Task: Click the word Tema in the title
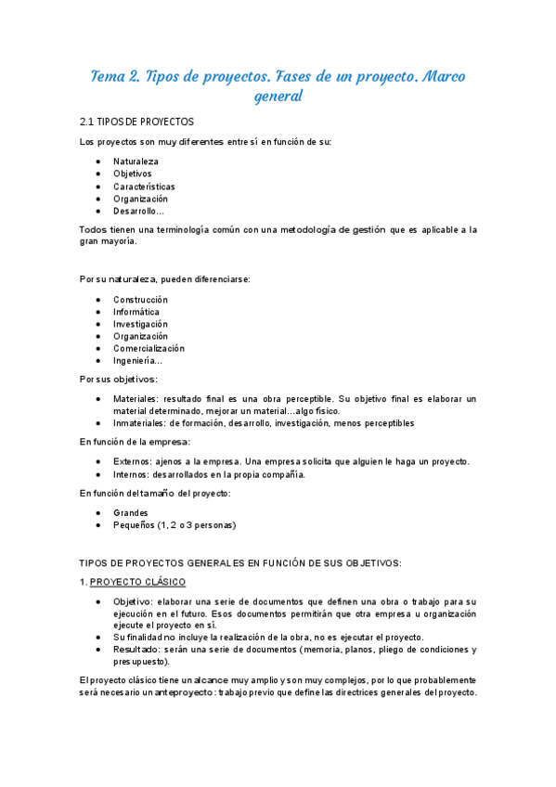click(110, 76)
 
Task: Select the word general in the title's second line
click(278, 96)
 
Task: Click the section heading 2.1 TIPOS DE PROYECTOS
click(137, 122)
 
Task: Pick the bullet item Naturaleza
click(136, 161)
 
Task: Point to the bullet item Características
click(144, 187)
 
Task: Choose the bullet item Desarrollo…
click(139, 212)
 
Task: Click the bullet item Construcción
click(140, 300)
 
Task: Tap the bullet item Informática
click(136, 312)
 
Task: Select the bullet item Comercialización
click(149, 349)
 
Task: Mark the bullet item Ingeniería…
click(137, 361)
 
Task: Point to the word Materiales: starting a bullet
click(136, 399)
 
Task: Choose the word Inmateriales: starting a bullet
click(140, 423)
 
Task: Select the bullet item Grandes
click(131, 512)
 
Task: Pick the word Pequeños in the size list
click(134, 525)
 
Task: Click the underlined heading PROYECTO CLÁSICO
click(137, 582)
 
